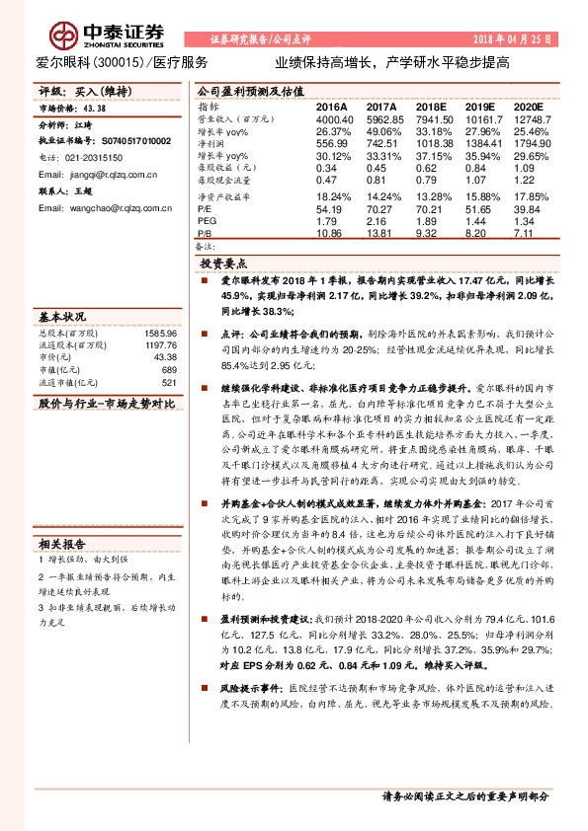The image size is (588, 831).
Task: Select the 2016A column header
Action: point(331,106)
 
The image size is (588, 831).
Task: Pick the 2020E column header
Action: point(529,106)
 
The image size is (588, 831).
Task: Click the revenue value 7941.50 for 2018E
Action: point(433,117)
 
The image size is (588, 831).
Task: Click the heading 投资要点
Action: point(223,264)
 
